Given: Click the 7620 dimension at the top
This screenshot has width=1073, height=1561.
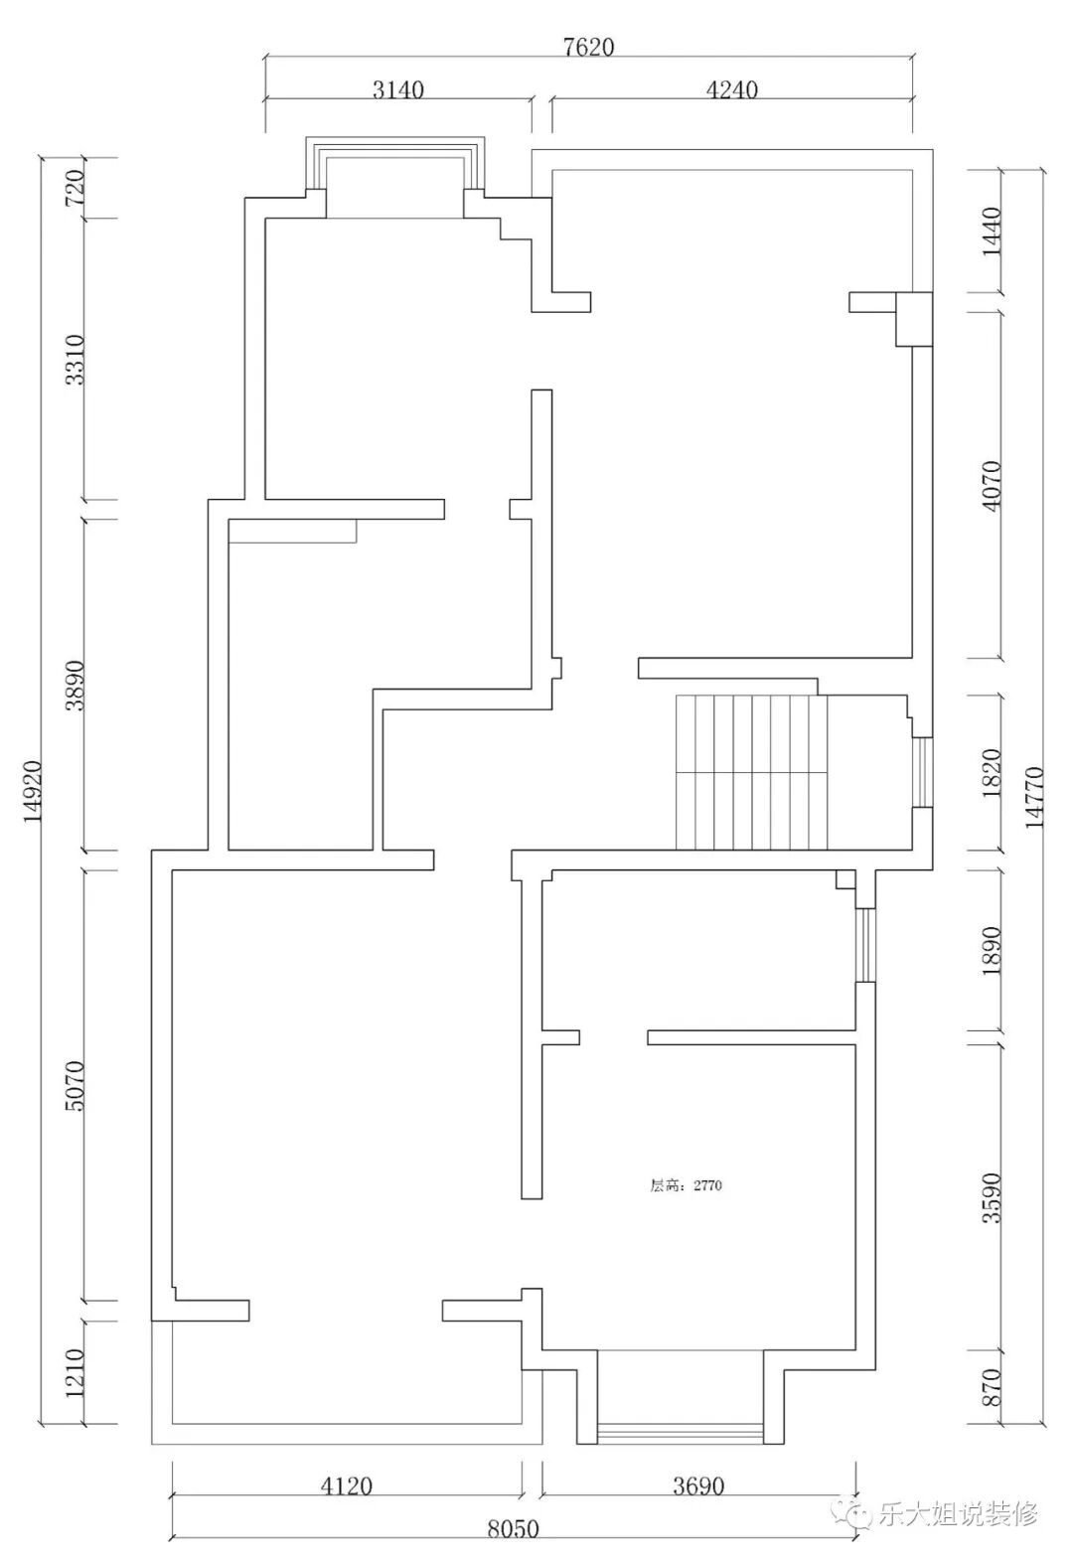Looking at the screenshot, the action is pyautogui.click(x=589, y=47).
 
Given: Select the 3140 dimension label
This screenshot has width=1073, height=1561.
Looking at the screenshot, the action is pyautogui.click(x=397, y=89).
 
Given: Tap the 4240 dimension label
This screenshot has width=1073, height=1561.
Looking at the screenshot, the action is pyautogui.click(x=731, y=89).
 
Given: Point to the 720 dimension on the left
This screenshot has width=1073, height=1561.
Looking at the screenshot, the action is pyautogui.click(x=74, y=188).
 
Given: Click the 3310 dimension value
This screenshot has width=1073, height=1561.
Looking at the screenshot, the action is pyautogui.click(x=74, y=360).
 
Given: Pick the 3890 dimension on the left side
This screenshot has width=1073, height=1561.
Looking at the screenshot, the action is pyautogui.click(x=74, y=685).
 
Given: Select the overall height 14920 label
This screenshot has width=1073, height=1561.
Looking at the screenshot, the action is pyautogui.click(x=33, y=791).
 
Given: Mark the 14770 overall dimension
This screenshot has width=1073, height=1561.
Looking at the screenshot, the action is pyautogui.click(x=1034, y=797).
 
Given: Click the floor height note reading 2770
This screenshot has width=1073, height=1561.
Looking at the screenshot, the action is pyautogui.click(x=687, y=1185).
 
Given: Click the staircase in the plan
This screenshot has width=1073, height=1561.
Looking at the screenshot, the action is pyautogui.click(x=751, y=771).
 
